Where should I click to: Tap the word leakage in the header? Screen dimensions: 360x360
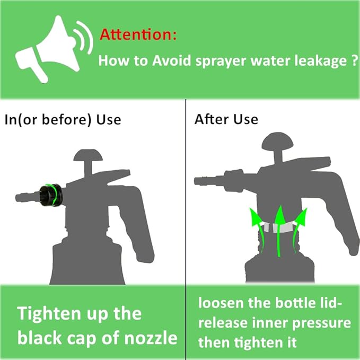(316, 60)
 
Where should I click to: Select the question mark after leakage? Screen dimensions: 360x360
(352, 60)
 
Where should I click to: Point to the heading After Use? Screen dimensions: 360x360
(226, 119)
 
